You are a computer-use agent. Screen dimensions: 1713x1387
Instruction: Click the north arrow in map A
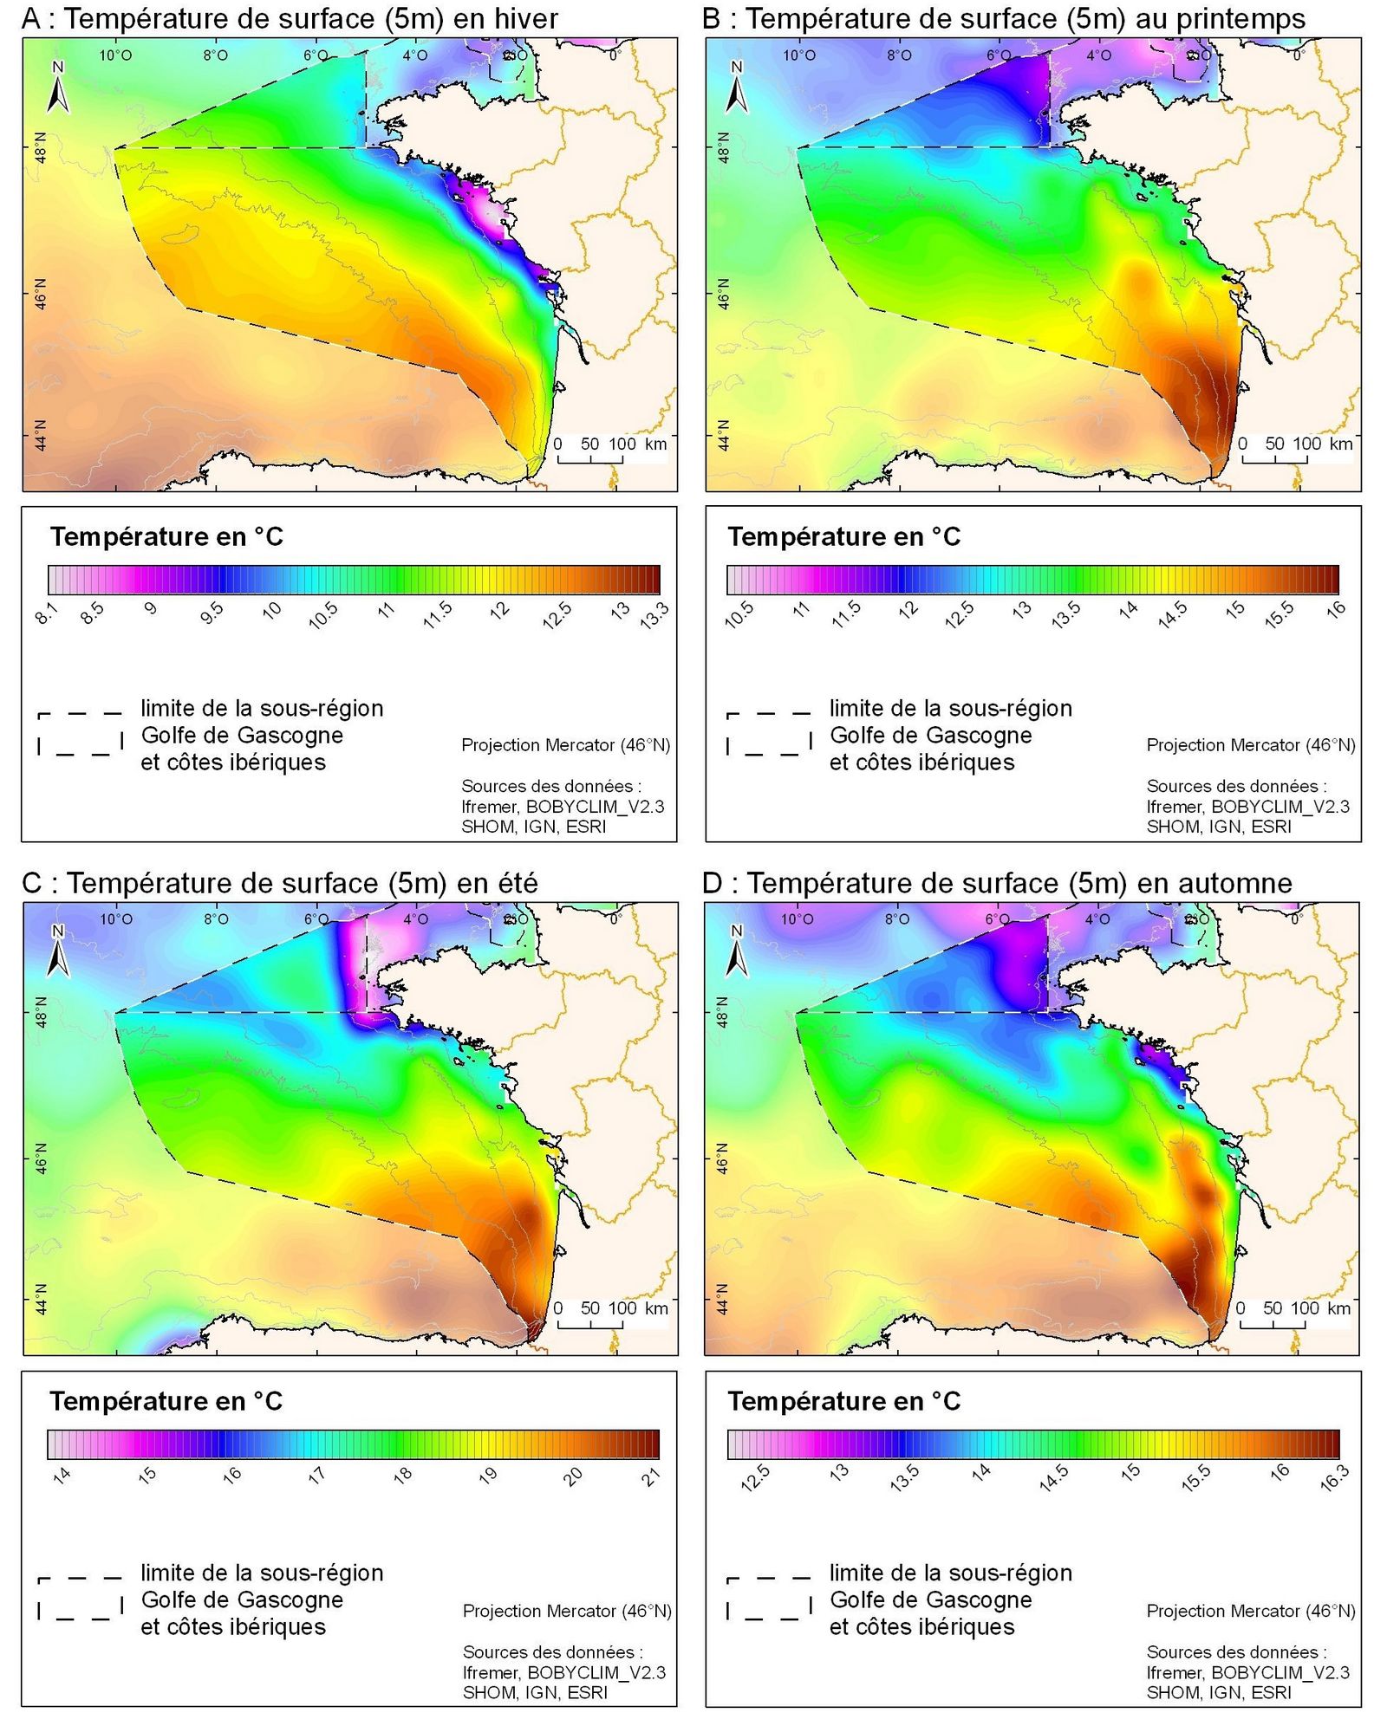[x=57, y=88]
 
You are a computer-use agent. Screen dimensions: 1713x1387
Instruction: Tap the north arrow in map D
[x=737, y=951]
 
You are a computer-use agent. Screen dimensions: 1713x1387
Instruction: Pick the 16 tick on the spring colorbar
[x=1336, y=609]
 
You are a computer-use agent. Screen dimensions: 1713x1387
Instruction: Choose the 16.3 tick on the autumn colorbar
[x=1334, y=1477]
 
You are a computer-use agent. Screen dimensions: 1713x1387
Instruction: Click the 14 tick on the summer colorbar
[x=61, y=1475]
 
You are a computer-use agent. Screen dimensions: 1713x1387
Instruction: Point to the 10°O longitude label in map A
[x=115, y=55]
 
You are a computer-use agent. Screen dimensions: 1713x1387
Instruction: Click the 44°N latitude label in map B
[x=724, y=436]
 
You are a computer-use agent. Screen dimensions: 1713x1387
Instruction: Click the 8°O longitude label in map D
[x=896, y=918]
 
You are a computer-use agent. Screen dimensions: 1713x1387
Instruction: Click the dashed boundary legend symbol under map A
[x=80, y=734]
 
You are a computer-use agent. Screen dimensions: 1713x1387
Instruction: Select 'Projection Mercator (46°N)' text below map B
[x=1250, y=744]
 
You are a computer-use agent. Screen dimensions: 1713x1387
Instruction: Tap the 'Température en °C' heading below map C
[x=166, y=1401]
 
